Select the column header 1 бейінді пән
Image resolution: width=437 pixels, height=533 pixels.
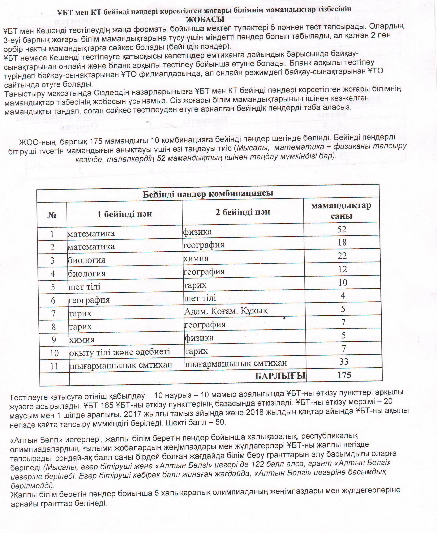(124, 214)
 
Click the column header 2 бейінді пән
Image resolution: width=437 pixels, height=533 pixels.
(243, 212)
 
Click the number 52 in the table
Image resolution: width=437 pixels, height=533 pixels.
(342, 229)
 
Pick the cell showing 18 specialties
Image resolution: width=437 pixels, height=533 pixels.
(342, 243)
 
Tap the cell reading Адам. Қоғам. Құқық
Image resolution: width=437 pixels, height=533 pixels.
(226, 311)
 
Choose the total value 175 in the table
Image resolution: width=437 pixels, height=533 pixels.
(344, 375)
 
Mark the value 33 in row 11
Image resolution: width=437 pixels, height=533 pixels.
(344, 362)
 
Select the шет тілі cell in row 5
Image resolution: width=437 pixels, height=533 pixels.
(84, 287)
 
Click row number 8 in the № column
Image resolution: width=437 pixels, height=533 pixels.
(53, 327)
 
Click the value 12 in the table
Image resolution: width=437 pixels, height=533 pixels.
(342, 269)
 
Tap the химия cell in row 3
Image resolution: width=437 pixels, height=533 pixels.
(196, 258)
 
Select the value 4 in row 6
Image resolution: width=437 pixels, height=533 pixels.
(343, 296)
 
